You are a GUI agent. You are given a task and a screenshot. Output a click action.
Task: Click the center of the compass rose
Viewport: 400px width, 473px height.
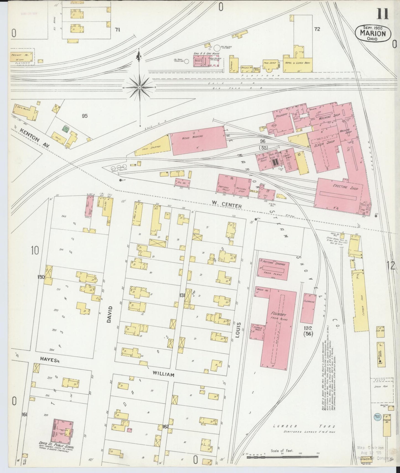coord(140,87)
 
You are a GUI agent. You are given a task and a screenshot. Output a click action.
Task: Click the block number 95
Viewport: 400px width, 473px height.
coord(84,116)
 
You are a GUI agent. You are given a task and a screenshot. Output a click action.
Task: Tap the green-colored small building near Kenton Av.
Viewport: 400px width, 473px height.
coord(66,129)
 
